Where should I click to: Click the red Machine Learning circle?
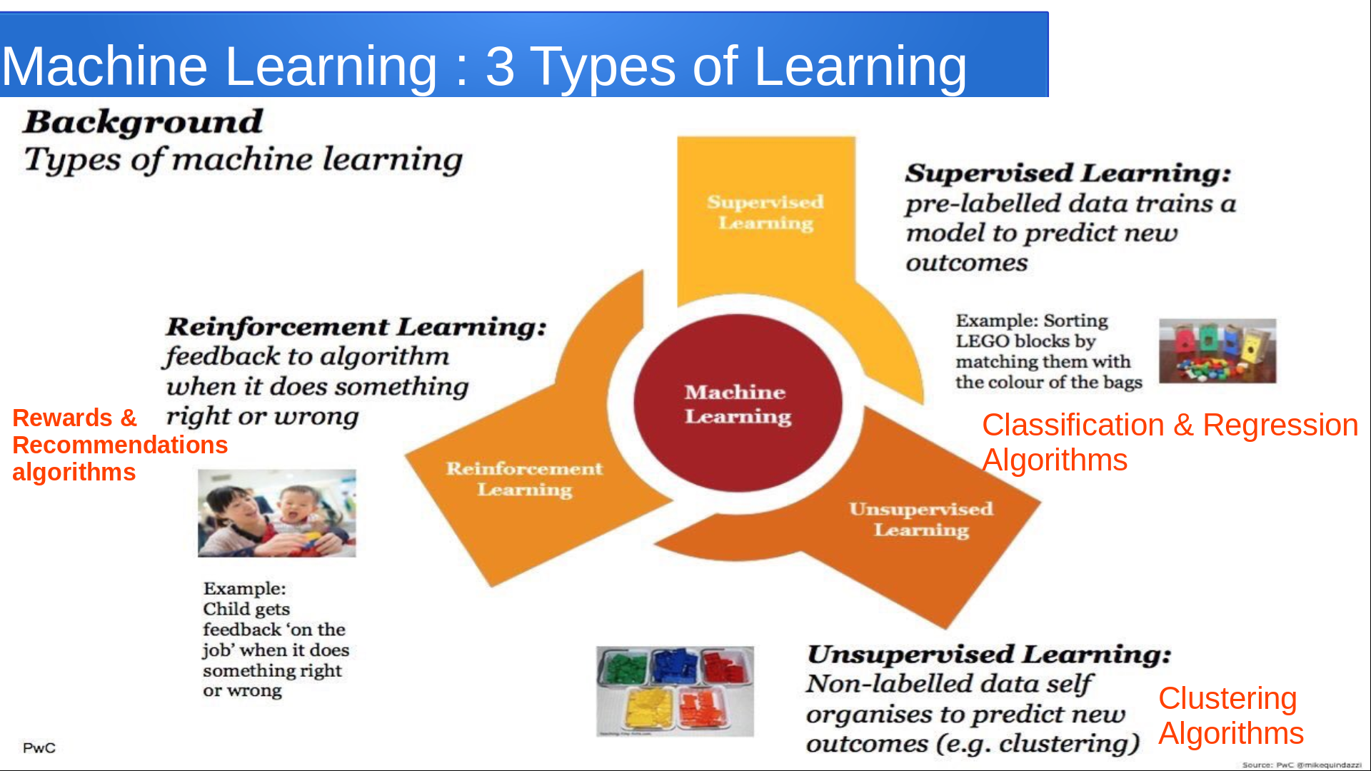click(x=738, y=403)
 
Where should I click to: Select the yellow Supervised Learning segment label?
click(x=765, y=212)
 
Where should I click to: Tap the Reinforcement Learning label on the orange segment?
click(x=525, y=478)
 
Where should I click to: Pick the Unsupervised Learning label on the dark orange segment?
click(x=921, y=519)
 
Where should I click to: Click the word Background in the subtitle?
click(x=144, y=122)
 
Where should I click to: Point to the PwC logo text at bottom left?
click(x=39, y=747)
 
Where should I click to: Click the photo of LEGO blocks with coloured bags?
click(x=1217, y=351)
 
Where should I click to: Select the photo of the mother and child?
click(x=277, y=513)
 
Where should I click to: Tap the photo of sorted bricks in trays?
click(x=675, y=691)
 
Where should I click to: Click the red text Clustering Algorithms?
click(x=1231, y=715)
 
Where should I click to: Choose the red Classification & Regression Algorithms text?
click(x=1170, y=442)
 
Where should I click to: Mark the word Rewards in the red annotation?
click(x=63, y=418)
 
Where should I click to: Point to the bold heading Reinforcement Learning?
click(x=356, y=327)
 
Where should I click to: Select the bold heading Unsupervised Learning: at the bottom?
click(x=989, y=655)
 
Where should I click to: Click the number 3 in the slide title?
click(x=500, y=66)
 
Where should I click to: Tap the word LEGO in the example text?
click(x=983, y=341)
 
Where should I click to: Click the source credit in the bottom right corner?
click(x=1302, y=765)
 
